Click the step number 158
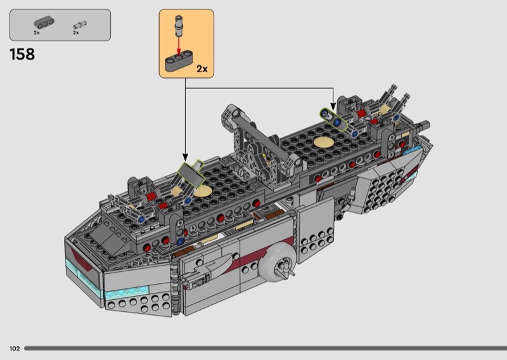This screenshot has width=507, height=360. click(x=22, y=55)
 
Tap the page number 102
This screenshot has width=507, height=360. click(x=15, y=349)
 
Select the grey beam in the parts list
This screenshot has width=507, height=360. click(x=44, y=23)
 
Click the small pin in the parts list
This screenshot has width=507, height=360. click(x=80, y=25)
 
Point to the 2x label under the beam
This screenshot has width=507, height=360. click(x=37, y=33)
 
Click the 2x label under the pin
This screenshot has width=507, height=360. click(x=76, y=33)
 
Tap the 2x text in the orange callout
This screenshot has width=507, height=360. click(x=202, y=69)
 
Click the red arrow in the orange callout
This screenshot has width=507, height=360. click(x=179, y=46)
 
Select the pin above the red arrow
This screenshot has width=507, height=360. click(x=179, y=25)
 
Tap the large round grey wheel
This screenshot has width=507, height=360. click(x=278, y=262)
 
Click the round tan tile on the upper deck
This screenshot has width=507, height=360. click(x=324, y=142)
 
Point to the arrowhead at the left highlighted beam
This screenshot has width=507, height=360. click(x=185, y=158)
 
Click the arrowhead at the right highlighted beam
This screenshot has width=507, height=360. click(x=333, y=106)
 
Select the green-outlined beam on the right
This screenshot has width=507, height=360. click(x=334, y=120)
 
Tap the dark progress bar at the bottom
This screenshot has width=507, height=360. click(x=266, y=349)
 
